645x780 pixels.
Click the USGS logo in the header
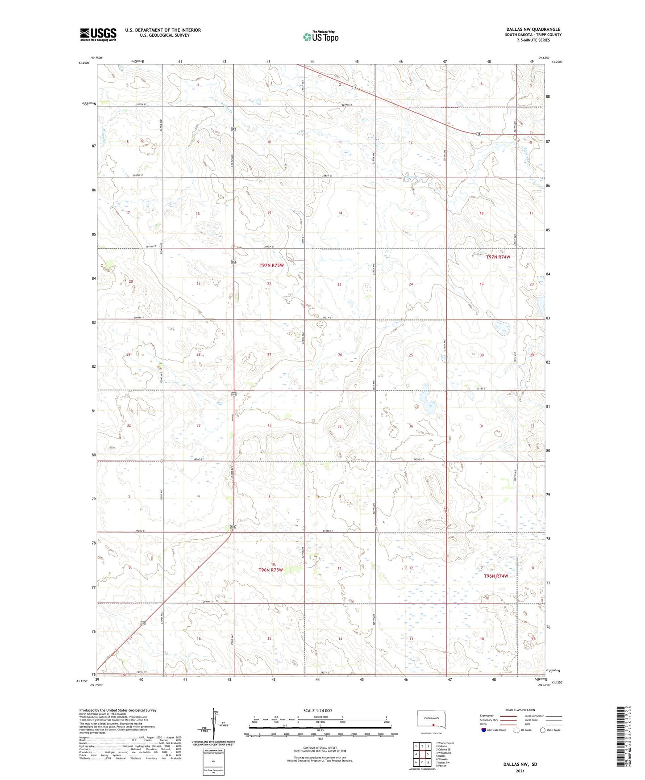[x=98, y=34]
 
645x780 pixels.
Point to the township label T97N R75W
[x=271, y=265]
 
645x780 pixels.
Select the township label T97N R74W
[x=498, y=257]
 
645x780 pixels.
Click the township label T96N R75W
[x=270, y=570]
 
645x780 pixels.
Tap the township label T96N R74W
[x=496, y=576]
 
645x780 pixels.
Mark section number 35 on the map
[x=339, y=426]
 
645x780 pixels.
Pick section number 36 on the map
[x=411, y=426]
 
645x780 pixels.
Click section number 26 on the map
[x=340, y=355]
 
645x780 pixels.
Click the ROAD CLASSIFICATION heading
[x=520, y=710]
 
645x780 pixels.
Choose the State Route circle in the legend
[x=542, y=730]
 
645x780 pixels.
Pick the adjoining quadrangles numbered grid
[x=422, y=754]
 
